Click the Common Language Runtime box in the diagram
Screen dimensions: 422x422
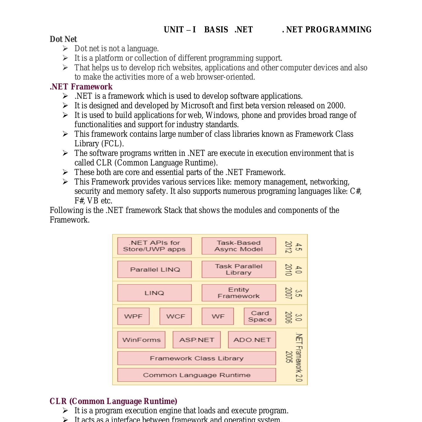[x=196, y=375]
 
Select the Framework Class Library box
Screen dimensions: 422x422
[x=196, y=358]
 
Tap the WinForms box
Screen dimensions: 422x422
[x=141, y=340]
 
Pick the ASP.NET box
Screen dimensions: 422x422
[x=196, y=340]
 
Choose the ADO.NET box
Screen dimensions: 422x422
[x=252, y=340]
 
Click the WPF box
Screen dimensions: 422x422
[x=133, y=316]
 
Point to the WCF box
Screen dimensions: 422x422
[x=176, y=316]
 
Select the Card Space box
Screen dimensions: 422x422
[x=260, y=316]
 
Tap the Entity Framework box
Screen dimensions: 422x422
[x=239, y=293]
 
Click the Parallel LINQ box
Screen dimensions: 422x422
[x=154, y=270]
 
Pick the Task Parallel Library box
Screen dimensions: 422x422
[x=239, y=270]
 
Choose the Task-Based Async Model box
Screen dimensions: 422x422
[x=239, y=246]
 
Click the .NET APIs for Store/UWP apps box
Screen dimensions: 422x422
[x=154, y=246]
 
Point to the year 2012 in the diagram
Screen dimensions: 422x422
[x=288, y=247]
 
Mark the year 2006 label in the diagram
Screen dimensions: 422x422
[x=288, y=317]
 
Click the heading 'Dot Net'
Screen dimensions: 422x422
[x=63, y=39]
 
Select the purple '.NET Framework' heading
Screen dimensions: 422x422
[x=81, y=87]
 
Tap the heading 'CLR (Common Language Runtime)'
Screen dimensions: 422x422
[x=113, y=401]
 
